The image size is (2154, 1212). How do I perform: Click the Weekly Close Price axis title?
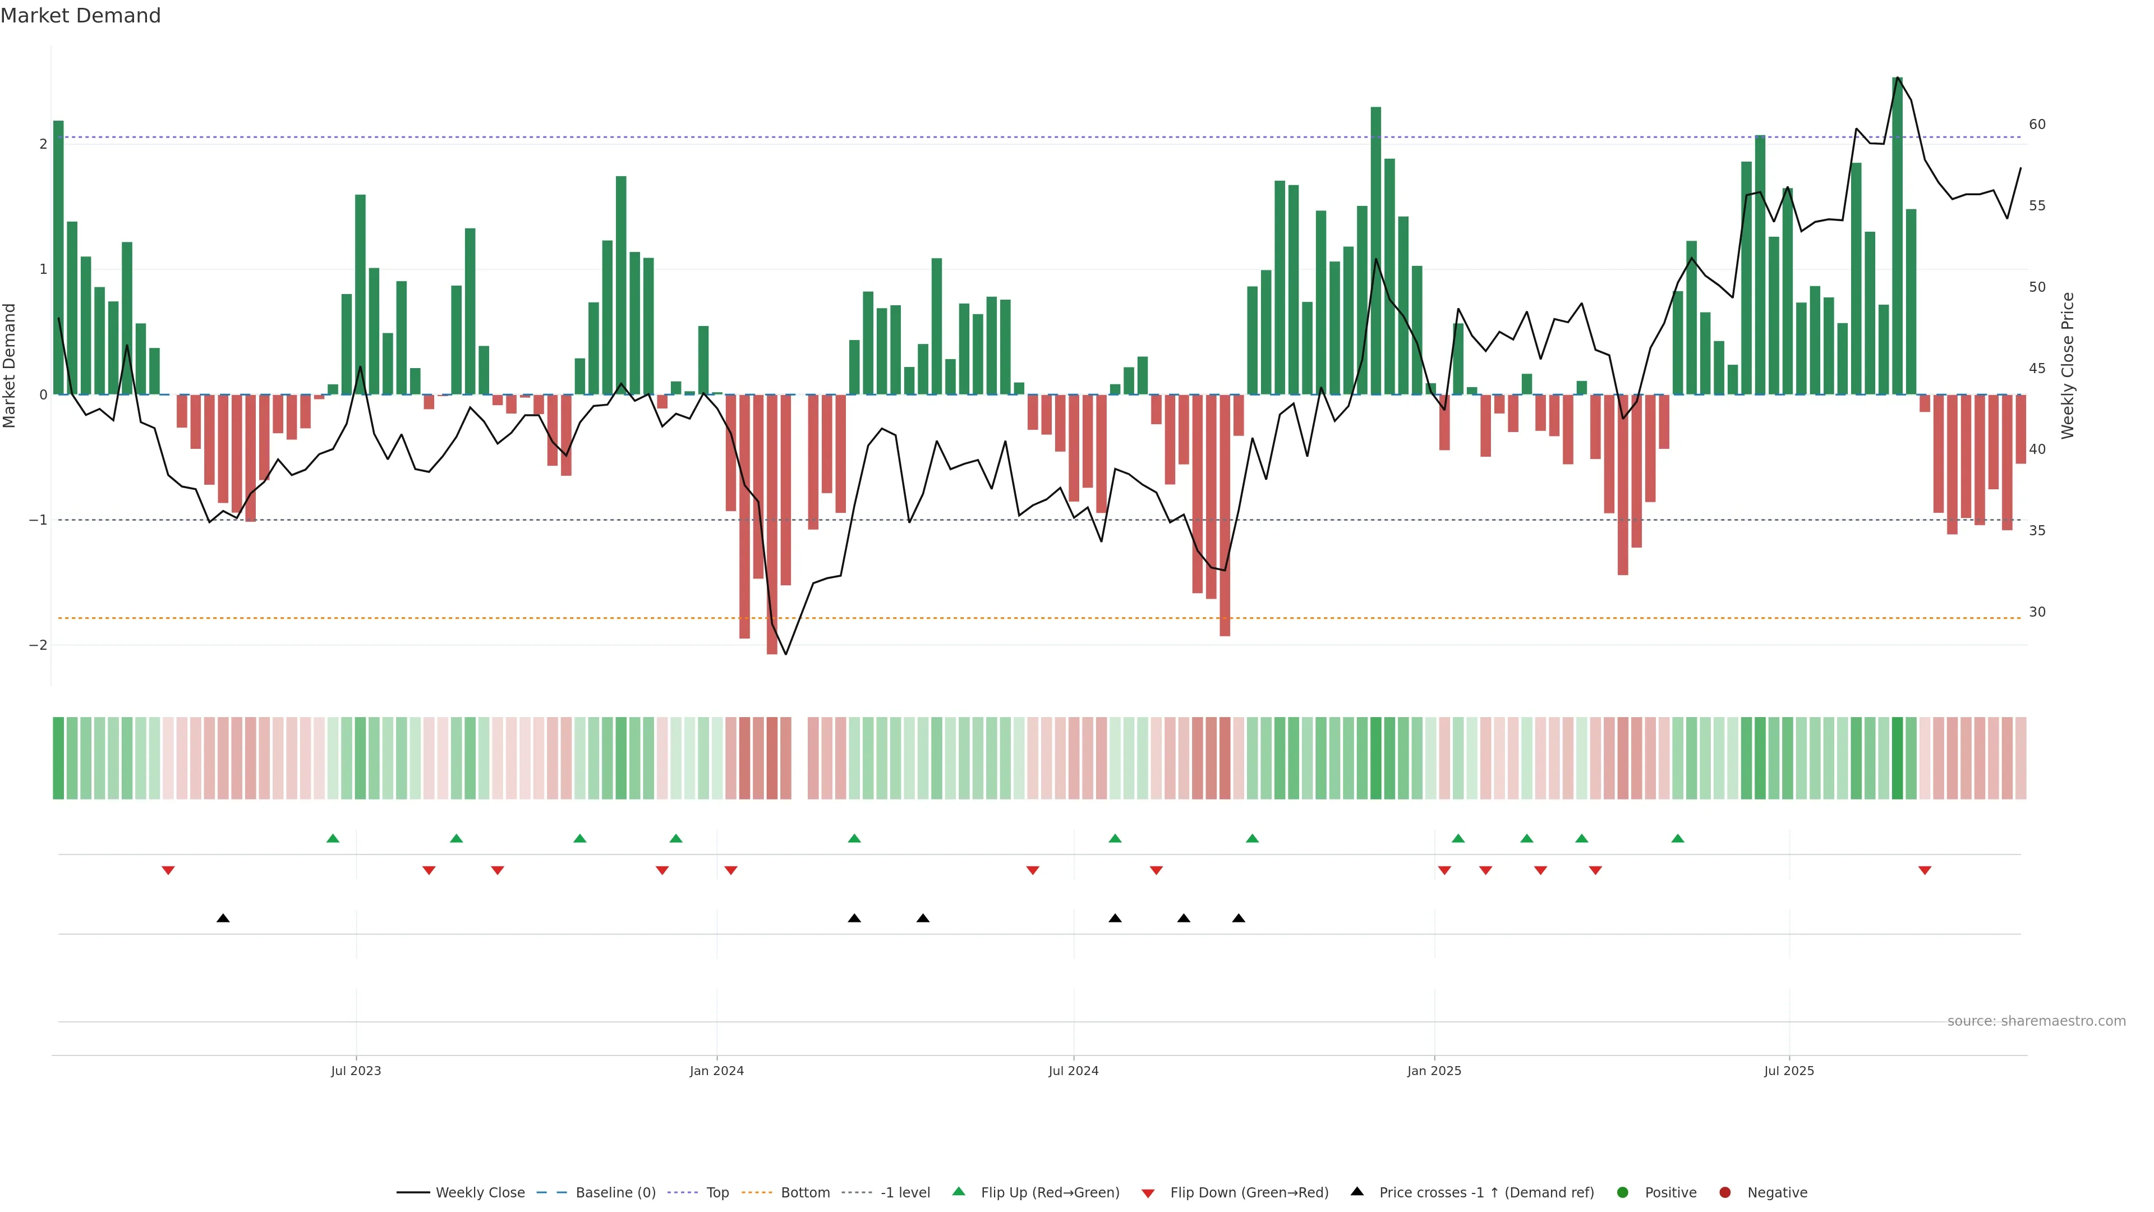(2067, 365)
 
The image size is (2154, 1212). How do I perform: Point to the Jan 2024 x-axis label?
(717, 1071)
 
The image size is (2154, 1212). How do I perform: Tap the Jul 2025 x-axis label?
(1789, 1071)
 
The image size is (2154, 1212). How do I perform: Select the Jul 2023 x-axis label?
(356, 1071)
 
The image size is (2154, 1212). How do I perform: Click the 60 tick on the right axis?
(2037, 125)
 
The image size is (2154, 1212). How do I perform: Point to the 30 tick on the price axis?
(2037, 612)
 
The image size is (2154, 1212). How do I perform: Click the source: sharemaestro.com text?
(2036, 1021)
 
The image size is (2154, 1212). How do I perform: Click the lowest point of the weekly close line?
(785, 654)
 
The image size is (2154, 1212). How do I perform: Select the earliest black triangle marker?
(223, 919)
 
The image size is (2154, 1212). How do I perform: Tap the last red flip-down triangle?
(1925, 871)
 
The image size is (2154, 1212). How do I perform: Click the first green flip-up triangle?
(333, 838)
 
